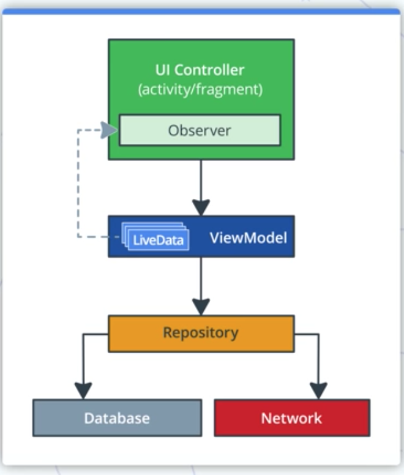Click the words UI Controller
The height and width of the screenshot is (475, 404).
click(201, 69)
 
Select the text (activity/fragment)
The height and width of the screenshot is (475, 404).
click(201, 89)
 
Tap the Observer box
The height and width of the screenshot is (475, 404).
click(200, 130)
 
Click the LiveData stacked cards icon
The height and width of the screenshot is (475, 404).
click(156, 237)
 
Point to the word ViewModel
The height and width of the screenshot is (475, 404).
click(248, 237)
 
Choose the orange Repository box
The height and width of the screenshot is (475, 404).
click(201, 333)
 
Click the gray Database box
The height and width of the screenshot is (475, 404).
click(117, 418)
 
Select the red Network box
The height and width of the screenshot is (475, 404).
click(291, 418)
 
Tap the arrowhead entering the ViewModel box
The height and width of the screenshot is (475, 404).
click(201, 207)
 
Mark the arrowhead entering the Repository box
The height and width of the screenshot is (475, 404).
click(201, 307)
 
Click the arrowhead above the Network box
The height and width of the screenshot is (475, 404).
click(318, 391)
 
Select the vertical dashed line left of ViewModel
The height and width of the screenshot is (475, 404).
click(78, 184)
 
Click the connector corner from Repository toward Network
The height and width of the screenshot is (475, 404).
click(318, 334)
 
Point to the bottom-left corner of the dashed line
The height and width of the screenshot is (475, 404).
click(78, 236)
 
